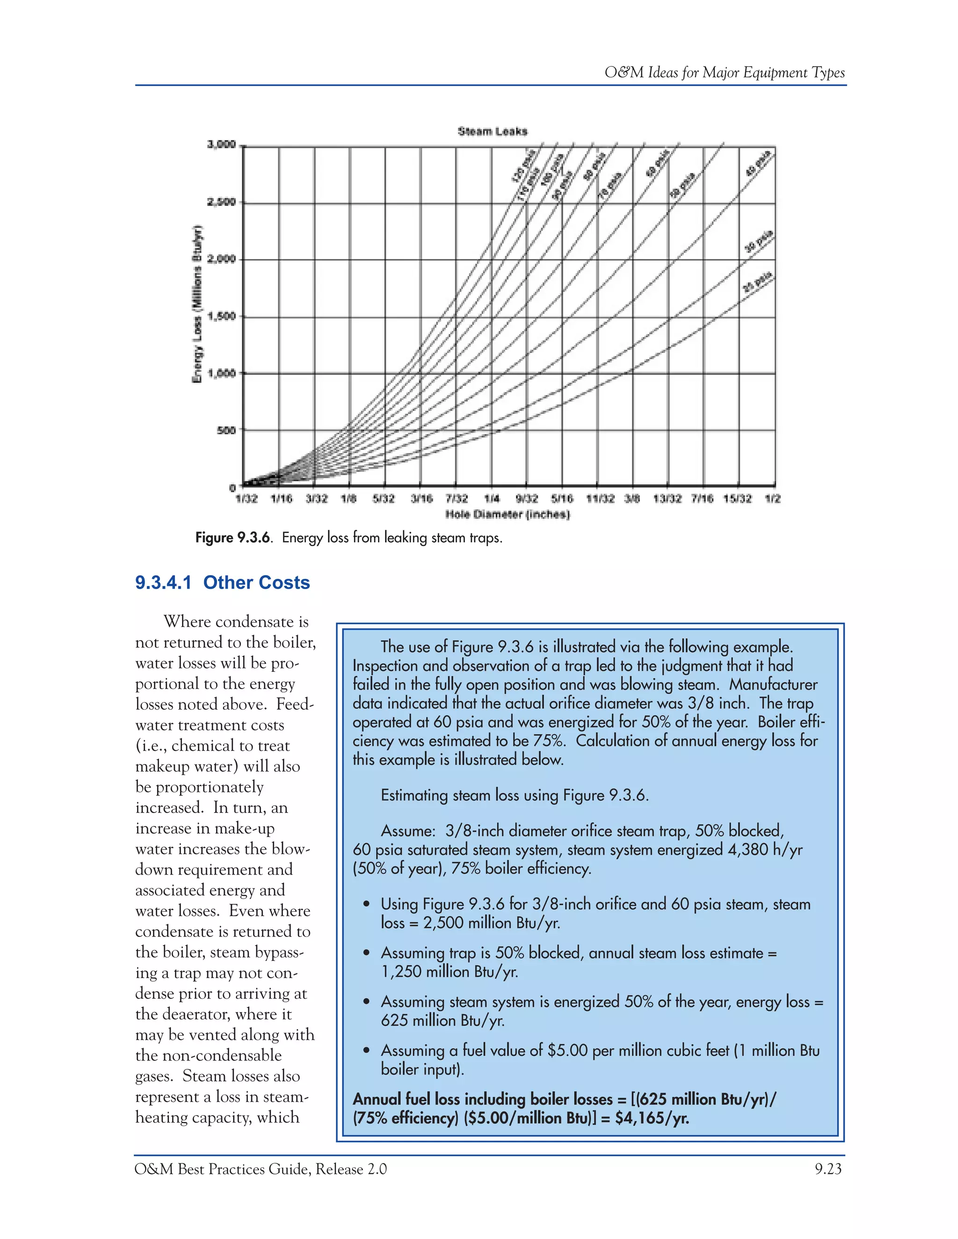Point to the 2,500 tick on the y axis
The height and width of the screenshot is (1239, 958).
tap(221, 202)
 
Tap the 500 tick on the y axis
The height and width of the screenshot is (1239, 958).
tap(226, 430)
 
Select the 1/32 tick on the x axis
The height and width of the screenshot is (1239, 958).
tap(247, 499)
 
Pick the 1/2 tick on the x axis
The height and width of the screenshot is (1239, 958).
tap(772, 499)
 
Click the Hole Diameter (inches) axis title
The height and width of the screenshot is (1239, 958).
tap(508, 515)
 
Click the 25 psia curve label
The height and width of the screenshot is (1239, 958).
tap(758, 282)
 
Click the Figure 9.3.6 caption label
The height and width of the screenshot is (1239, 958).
tap(232, 537)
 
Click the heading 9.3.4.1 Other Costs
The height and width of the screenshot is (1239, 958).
tap(223, 583)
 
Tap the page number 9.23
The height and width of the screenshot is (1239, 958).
tap(827, 1169)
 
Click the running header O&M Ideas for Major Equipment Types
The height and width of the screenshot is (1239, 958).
tap(724, 72)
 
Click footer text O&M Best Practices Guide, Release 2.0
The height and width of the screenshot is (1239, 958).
tap(261, 1169)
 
